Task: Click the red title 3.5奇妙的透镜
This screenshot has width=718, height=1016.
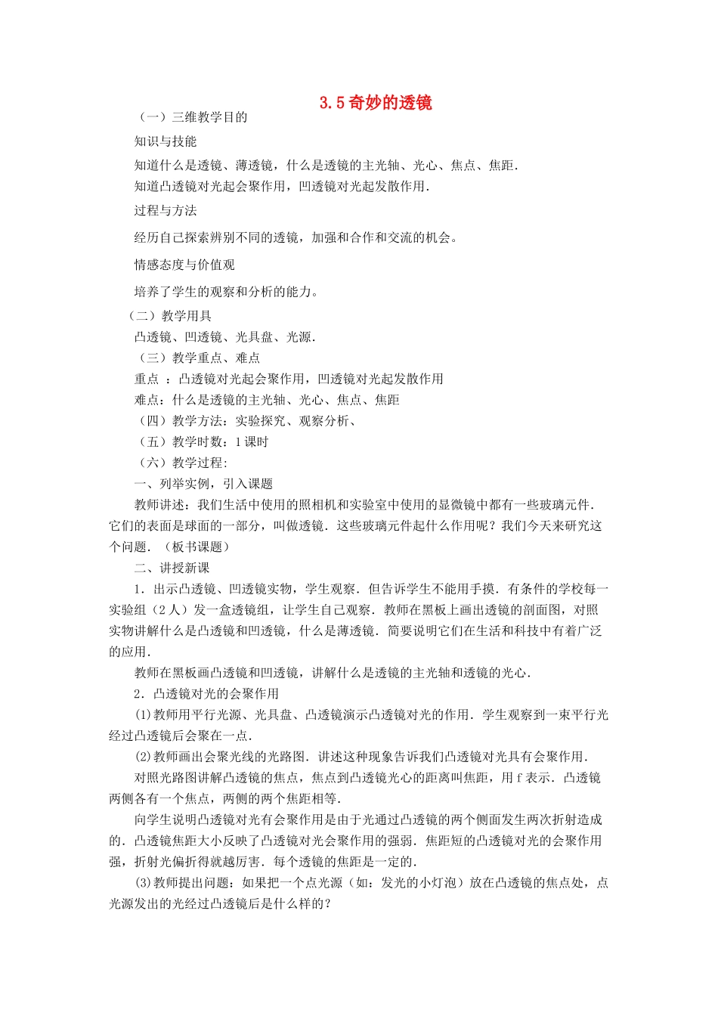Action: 376,103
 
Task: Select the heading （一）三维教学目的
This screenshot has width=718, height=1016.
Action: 192,117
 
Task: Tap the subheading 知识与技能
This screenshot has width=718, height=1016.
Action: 166,141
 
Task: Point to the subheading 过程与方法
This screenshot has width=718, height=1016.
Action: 166,210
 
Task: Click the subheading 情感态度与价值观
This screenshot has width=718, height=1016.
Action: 184,265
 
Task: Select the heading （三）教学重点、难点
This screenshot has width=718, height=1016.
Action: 198,358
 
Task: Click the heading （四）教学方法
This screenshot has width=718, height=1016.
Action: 181,421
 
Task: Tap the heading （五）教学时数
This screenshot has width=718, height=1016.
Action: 181,442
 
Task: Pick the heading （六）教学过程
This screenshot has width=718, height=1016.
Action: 181,463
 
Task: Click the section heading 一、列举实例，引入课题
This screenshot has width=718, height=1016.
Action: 203,484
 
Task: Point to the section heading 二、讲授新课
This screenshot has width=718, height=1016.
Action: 172,568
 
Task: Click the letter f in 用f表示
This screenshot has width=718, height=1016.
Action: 520,778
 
